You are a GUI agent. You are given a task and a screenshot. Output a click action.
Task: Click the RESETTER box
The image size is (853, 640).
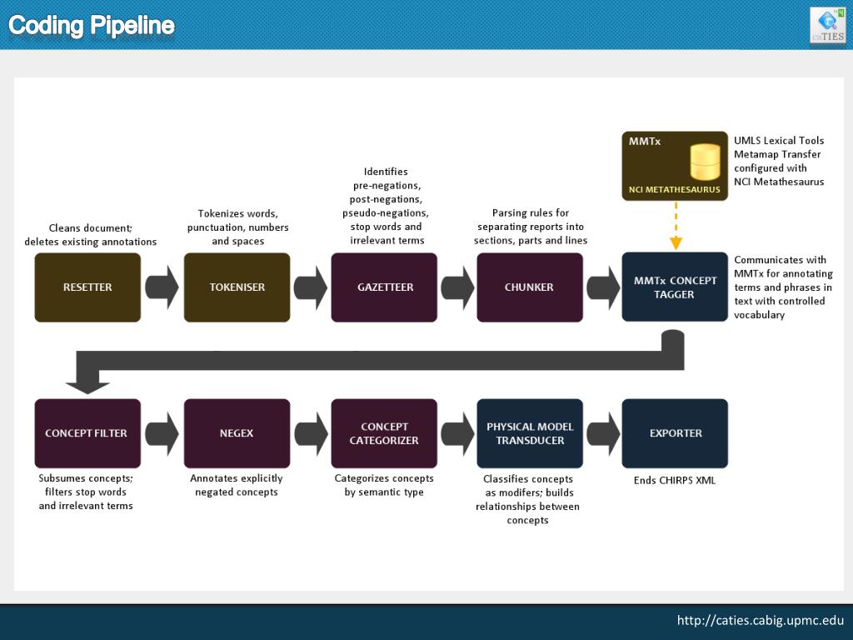coord(87,287)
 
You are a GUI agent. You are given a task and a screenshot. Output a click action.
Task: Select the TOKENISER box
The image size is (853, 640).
coord(237,287)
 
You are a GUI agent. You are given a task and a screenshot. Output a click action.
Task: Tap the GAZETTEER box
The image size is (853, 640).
coord(384,287)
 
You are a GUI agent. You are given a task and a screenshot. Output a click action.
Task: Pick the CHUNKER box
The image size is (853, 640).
coord(530,287)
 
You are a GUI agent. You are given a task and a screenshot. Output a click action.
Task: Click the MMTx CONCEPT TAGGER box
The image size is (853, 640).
coord(675,287)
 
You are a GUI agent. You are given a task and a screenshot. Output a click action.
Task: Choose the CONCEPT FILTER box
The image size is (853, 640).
coord(87,433)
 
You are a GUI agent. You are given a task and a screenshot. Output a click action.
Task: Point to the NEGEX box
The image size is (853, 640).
coord(237,433)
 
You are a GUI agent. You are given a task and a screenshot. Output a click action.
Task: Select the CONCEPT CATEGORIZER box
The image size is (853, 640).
coord(384,433)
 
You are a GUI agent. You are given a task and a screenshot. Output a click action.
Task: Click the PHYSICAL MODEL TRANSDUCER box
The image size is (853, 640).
coord(530,433)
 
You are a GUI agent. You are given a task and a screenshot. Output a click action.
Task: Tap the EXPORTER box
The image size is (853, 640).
coord(675,433)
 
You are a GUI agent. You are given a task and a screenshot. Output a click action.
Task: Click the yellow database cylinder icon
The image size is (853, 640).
coord(705,162)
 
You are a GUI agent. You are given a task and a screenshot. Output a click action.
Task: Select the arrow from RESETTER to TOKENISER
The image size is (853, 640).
coord(162,287)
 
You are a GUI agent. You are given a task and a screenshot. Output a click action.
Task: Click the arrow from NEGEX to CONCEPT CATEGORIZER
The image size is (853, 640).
coord(311,433)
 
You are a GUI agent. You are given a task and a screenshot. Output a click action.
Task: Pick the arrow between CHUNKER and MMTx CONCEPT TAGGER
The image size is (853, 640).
coord(602,287)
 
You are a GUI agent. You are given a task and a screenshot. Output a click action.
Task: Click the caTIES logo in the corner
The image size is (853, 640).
coord(827,25)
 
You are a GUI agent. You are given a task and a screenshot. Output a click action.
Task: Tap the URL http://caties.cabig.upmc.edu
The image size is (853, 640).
coord(760,620)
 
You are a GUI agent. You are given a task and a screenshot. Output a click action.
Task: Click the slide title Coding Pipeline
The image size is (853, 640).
coord(92,26)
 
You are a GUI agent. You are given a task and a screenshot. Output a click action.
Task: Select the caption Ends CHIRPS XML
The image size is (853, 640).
coord(675,480)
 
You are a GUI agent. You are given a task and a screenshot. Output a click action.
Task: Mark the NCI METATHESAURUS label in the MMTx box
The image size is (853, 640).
coord(675,190)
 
